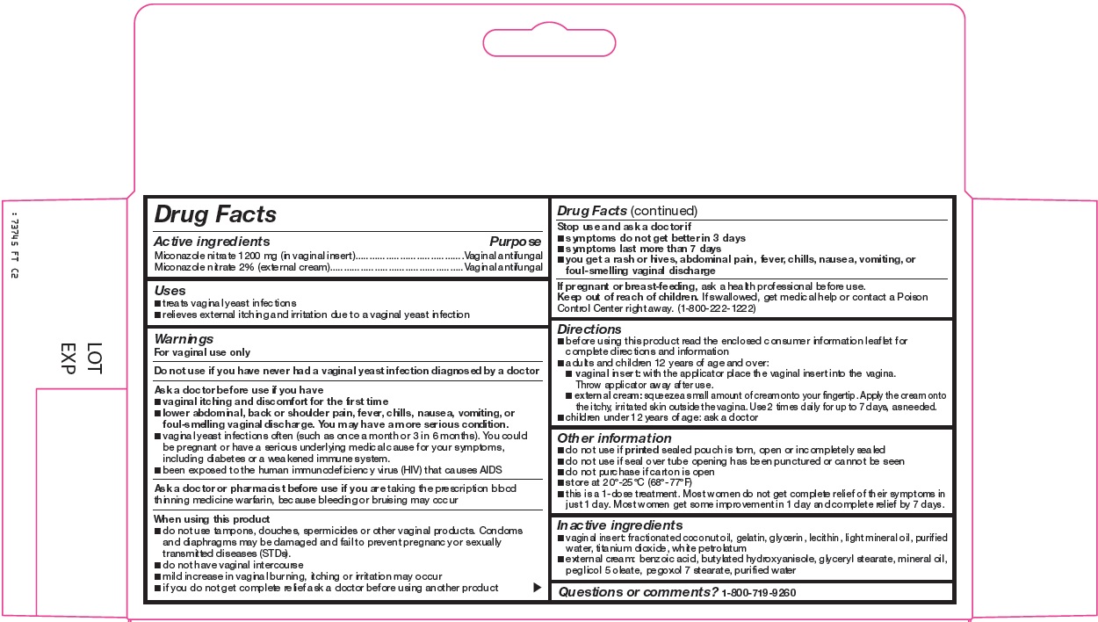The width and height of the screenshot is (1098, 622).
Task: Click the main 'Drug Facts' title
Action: pyautogui.click(x=215, y=214)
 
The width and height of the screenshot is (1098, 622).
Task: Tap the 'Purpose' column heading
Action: pyautogui.click(x=515, y=241)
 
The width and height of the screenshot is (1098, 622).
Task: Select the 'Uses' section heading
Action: pyautogui.click(x=170, y=290)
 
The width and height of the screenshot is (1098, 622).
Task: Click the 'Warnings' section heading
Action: pyautogui.click(x=184, y=338)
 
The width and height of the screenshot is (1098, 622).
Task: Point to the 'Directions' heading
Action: pyautogui.click(x=589, y=329)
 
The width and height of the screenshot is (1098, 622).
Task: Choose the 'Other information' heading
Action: pyautogui.click(x=614, y=438)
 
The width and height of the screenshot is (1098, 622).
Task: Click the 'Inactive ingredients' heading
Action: pyautogui.click(x=619, y=524)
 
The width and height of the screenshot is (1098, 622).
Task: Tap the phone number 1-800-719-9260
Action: pyautogui.click(x=759, y=593)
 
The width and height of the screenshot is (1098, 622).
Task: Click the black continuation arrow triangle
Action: pyautogui.click(x=538, y=588)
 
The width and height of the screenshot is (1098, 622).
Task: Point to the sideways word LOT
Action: pyautogui.click(x=95, y=358)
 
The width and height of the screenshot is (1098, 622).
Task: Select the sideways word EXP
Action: pyautogui.click(x=68, y=358)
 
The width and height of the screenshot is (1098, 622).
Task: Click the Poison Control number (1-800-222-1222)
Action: pyautogui.click(x=716, y=309)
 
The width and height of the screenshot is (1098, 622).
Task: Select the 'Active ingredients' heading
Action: pyautogui.click(x=212, y=241)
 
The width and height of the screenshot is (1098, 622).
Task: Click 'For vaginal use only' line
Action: pyautogui.click(x=202, y=352)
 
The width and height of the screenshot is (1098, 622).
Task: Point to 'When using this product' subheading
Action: pyautogui.click(x=212, y=519)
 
